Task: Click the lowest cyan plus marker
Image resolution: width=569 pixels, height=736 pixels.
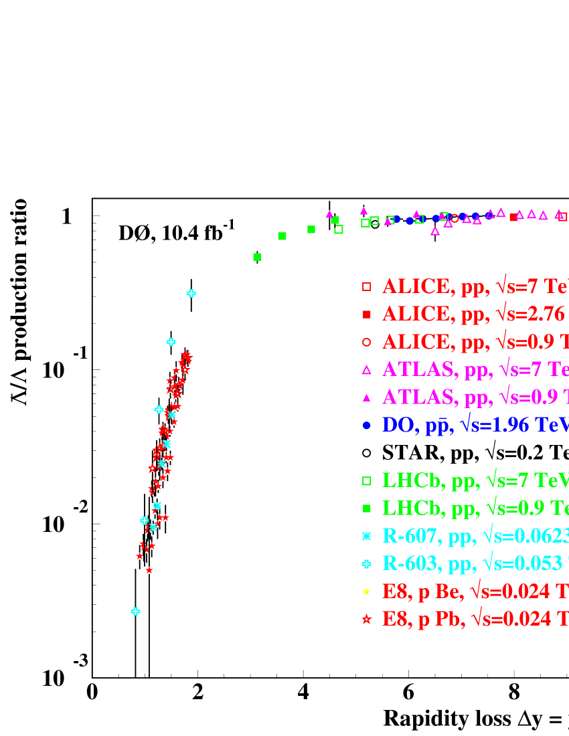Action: click(x=136, y=612)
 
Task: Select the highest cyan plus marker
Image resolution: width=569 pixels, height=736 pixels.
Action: click(x=191, y=293)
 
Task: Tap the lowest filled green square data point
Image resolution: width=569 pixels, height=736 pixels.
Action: click(x=257, y=257)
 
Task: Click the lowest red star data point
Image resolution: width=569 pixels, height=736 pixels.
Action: click(x=149, y=570)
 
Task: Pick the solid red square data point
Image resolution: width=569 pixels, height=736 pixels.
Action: click(x=513, y=217)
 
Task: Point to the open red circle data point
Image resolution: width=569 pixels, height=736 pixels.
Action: click(x=455, y=218)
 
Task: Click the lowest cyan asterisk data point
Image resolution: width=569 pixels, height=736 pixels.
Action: click(x=153, y=527)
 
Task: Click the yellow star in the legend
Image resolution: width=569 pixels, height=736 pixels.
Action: click(x=366, y=591)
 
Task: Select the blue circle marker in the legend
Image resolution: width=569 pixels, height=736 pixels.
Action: click(x=366, y=425)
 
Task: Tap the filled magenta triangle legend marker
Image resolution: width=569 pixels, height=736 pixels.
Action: click(x=366, y=397)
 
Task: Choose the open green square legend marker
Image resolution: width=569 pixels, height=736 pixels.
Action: click(x=366, y=480)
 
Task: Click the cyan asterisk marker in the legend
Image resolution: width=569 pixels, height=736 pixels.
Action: click(x=366, y=536)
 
